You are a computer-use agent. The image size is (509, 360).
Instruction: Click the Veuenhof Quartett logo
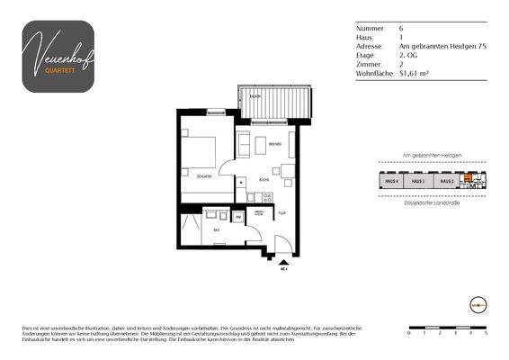click(58, 56)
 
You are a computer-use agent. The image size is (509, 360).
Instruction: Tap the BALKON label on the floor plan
click(255, 94)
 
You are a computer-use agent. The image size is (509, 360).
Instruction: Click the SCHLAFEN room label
click(203, 176)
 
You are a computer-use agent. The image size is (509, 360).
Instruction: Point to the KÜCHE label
click(264, 181)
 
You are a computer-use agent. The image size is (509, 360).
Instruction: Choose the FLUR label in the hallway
click(281, 213)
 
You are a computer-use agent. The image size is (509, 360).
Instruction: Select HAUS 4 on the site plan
click(391, 181)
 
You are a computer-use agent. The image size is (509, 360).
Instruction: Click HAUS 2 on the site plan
click(443, 181)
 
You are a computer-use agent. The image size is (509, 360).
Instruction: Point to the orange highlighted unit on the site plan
click(467, 178)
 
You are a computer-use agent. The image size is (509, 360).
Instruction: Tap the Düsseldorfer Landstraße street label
click(432, 203)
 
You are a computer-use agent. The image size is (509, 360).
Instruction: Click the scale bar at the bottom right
click(447, 328)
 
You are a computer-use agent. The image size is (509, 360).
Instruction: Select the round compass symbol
click(478, 304)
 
